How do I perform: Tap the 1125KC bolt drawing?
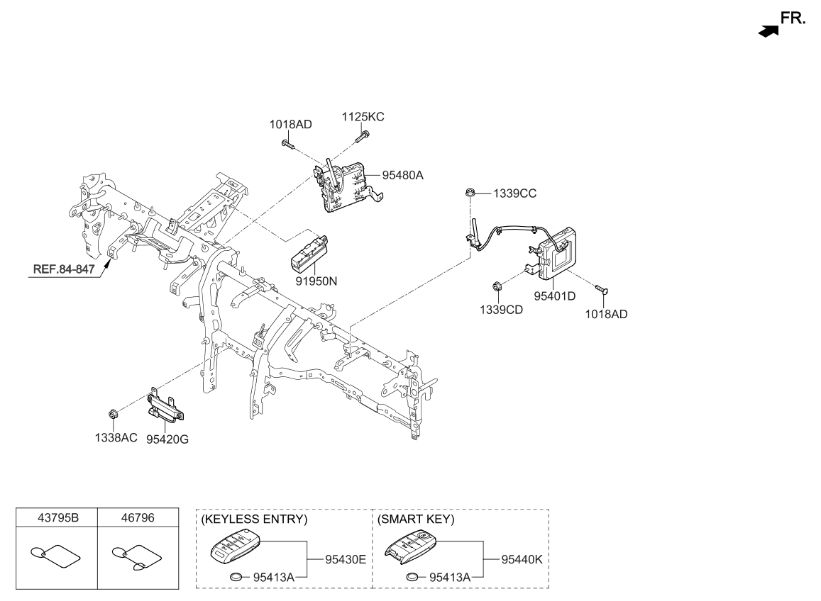364,135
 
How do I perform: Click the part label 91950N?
316,281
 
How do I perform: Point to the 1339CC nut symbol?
469,192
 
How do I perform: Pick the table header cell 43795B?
56,518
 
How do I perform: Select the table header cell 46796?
137,518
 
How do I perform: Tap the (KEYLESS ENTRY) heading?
255,519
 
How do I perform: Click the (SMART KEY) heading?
416,519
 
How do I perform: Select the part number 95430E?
345,559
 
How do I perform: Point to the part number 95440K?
522,559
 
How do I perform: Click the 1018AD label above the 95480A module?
290,125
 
